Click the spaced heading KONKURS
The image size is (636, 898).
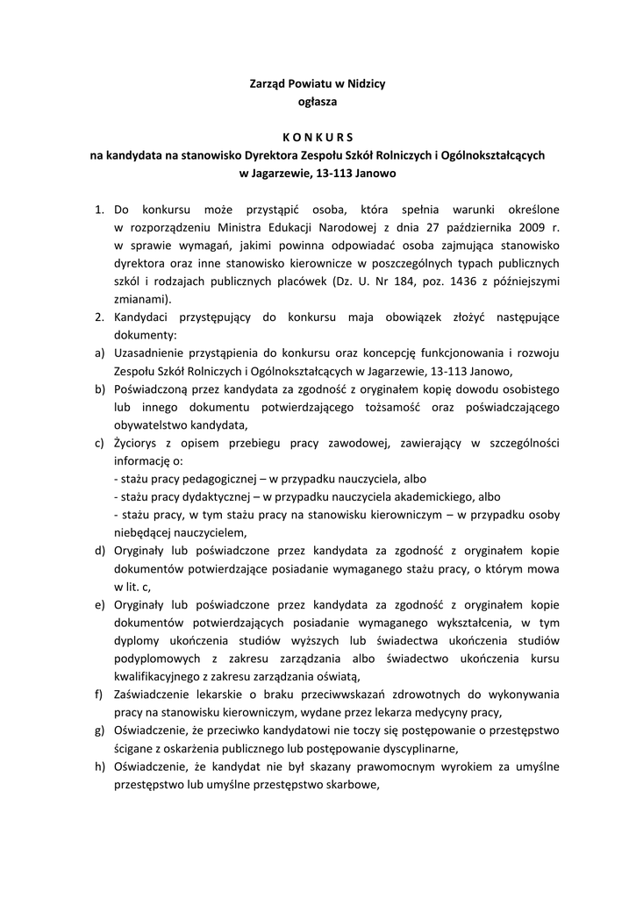[x=318, y=136]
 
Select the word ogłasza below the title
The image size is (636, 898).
[x=318, y=102]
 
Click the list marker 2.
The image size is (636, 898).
[x=100, y=317]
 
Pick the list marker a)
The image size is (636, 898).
[x=100, y=353]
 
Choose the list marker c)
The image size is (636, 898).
[x=100, y=443]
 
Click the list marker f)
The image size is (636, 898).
[x=100, y=694]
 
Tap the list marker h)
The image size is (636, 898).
[x=100, y=766]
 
